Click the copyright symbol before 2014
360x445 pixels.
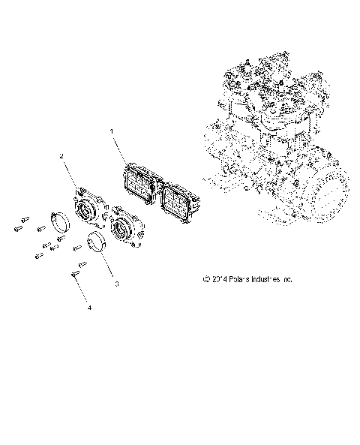205,279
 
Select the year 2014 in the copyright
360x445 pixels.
218,279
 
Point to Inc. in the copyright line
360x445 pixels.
287,279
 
